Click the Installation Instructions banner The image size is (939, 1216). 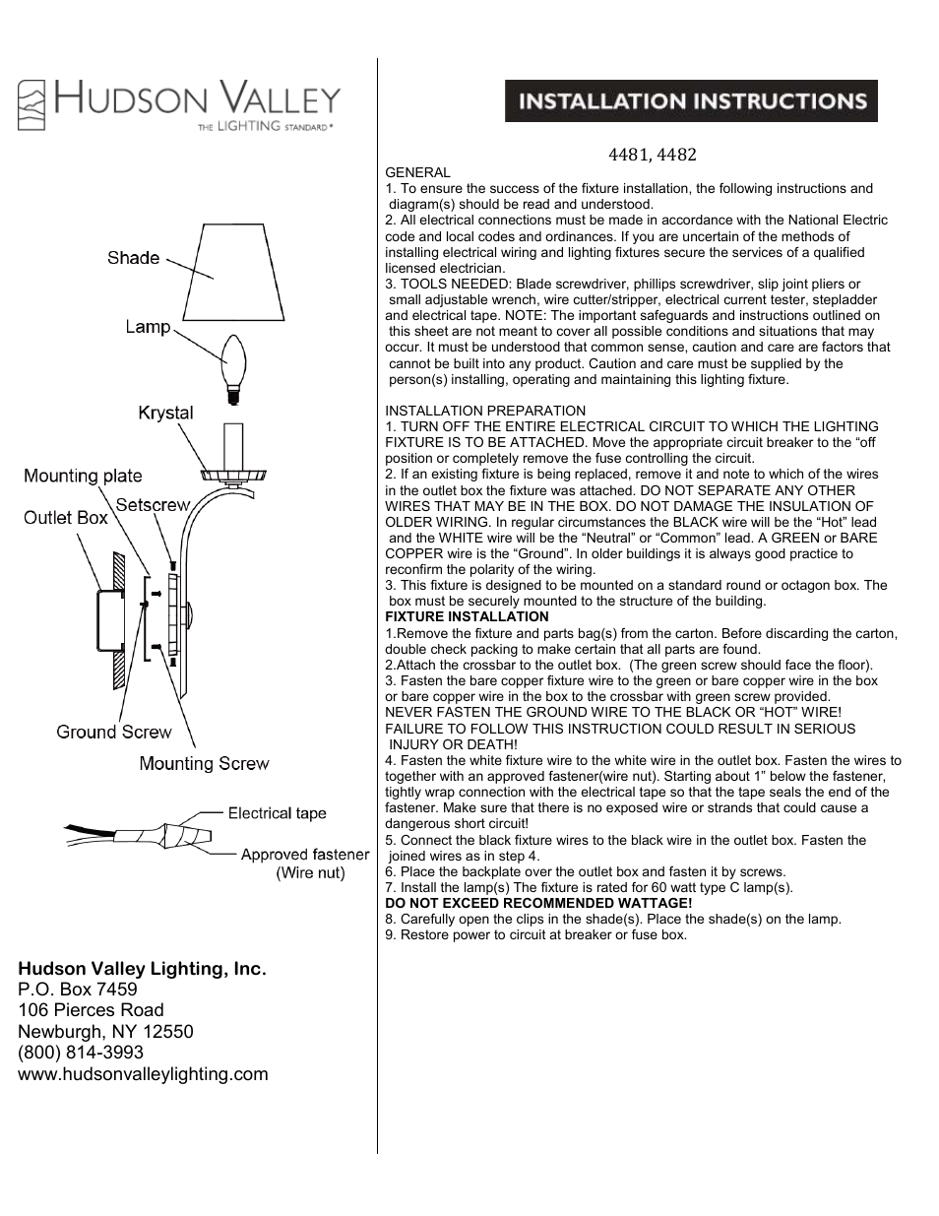(x=691, y=101)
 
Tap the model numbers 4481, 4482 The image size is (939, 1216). (x=652, y=155)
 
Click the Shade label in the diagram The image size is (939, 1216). (x=133, y=258)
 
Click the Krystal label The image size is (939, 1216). (x=165, y=413)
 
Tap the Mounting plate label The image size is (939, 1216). (x=83, y=477)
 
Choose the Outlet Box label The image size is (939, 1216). (x=66, y=518)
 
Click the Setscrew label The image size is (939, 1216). (x=153, y=505)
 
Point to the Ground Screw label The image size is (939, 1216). (x=113, y=732)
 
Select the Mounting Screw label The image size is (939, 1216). (x=204, y=763)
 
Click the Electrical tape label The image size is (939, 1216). (x=277, y=813)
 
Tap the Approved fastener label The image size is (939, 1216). (x=305, y=855)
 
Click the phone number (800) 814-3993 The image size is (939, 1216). (x=81, y=1053)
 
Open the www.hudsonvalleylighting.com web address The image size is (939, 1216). (x=143, y=1074)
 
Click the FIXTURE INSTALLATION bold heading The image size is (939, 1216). (x=467, y=617)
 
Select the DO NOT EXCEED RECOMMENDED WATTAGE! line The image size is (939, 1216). (x=538, y=903)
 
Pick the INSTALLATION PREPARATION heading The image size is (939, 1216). (x=485, y=411)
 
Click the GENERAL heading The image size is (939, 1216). (x=417, y=172)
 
